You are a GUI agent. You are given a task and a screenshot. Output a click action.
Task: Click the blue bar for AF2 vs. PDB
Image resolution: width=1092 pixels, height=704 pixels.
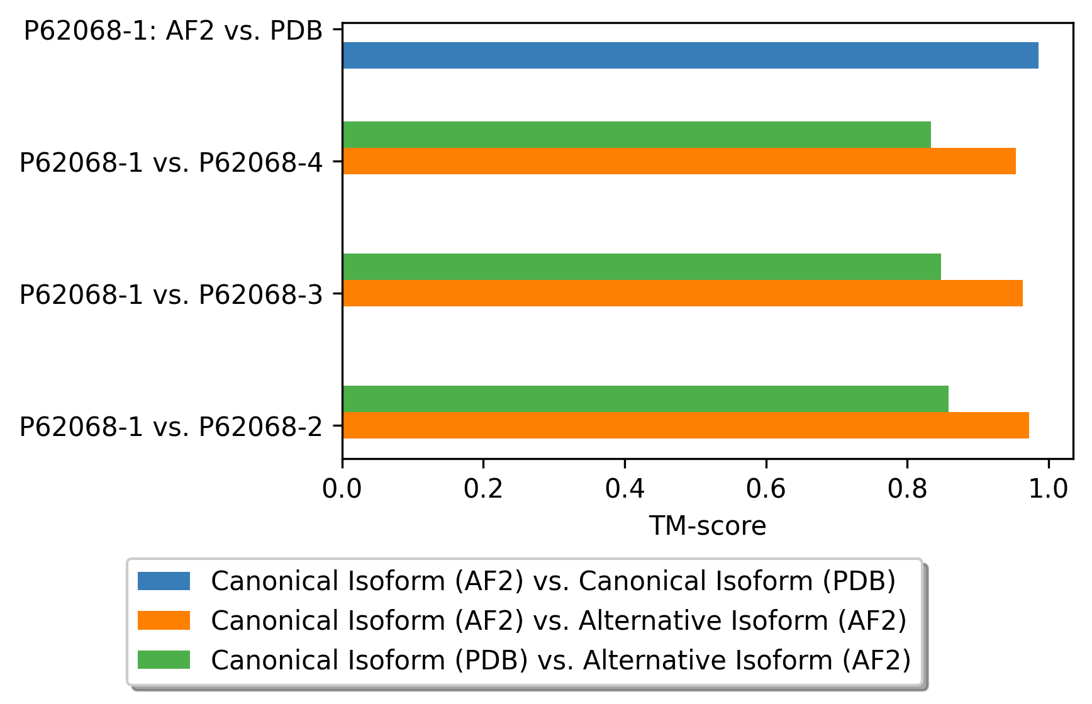[x=690, y=55]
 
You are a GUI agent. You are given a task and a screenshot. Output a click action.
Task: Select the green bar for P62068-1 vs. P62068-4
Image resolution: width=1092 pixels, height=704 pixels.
[x=636, y=135]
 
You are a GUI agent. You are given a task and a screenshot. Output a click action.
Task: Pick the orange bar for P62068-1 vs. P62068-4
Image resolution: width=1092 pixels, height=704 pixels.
[x=679, y=161]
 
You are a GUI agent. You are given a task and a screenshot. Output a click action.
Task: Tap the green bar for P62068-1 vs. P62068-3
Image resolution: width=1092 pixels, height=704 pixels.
[x=641, y=267]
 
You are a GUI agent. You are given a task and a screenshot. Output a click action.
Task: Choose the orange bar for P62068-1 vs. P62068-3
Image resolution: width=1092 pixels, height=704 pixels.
[x=682, y=293]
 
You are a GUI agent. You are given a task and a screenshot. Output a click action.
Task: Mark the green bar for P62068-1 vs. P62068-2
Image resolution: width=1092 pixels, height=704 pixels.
[x=645, y=399]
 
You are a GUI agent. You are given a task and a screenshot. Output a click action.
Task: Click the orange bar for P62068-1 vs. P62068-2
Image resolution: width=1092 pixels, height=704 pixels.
[x=685, y=425]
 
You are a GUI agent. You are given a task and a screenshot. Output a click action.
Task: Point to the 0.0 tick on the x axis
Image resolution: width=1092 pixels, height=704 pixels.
[x=342, y=489]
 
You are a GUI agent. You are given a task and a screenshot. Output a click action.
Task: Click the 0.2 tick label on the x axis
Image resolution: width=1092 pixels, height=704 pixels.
[x=483, y=489]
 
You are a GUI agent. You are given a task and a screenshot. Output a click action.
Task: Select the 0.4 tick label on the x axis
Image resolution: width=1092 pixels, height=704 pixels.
[x=625, y=489]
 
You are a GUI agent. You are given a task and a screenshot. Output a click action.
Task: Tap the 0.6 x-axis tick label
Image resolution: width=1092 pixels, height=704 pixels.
[x=766, y=489]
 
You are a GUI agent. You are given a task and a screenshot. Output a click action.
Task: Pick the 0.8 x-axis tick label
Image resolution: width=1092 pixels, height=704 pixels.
[x=907, y=489]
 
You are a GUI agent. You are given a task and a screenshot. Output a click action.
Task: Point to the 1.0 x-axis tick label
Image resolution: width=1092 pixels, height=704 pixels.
[x=1048, y=489]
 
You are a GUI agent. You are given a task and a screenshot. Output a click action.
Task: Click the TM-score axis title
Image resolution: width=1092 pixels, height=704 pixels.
[x=707, y=526]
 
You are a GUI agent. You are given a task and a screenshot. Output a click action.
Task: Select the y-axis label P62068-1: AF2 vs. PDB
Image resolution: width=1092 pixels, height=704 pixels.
[x=173, y=31]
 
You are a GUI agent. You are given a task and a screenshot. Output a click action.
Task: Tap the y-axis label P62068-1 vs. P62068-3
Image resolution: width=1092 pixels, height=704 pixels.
[x=170, y=294]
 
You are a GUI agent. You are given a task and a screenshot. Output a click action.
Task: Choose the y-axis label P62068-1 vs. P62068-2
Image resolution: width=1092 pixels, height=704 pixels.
[x=170, y=427]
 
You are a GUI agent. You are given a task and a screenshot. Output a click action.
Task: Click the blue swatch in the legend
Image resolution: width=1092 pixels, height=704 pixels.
[x=164, y=581]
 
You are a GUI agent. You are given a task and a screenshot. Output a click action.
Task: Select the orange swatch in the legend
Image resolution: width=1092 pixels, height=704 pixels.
[x=164, y=620]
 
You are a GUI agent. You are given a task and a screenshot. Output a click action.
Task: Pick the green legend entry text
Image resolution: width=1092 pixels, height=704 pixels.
[x=560, y=660]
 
